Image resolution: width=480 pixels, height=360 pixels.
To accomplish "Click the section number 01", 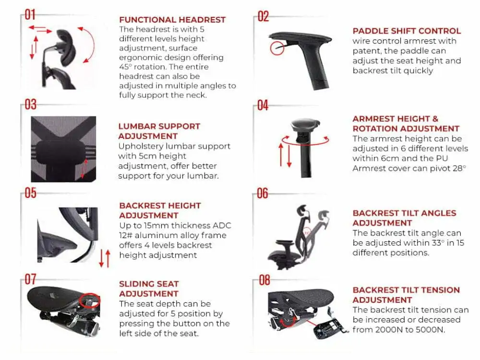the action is [x=30, y=15].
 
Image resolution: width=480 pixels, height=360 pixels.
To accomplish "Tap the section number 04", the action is [x=263, y=106].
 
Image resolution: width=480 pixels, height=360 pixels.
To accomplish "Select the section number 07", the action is [x=30, y=279].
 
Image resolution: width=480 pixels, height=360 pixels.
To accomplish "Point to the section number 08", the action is [x=264, y=280].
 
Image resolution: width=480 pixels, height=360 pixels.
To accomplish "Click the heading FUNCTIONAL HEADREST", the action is [x=172, y=20].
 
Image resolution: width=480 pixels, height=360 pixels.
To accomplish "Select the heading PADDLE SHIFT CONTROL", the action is [x=407, y=31].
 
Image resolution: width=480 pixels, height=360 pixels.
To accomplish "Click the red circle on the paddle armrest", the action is [x=277, y=48].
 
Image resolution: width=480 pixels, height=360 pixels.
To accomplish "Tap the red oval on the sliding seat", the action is [x=89, y=300].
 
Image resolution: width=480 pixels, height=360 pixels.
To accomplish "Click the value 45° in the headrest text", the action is [x=125, y=67].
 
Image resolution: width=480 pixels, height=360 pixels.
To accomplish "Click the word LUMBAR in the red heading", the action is [x=133, y=126].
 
